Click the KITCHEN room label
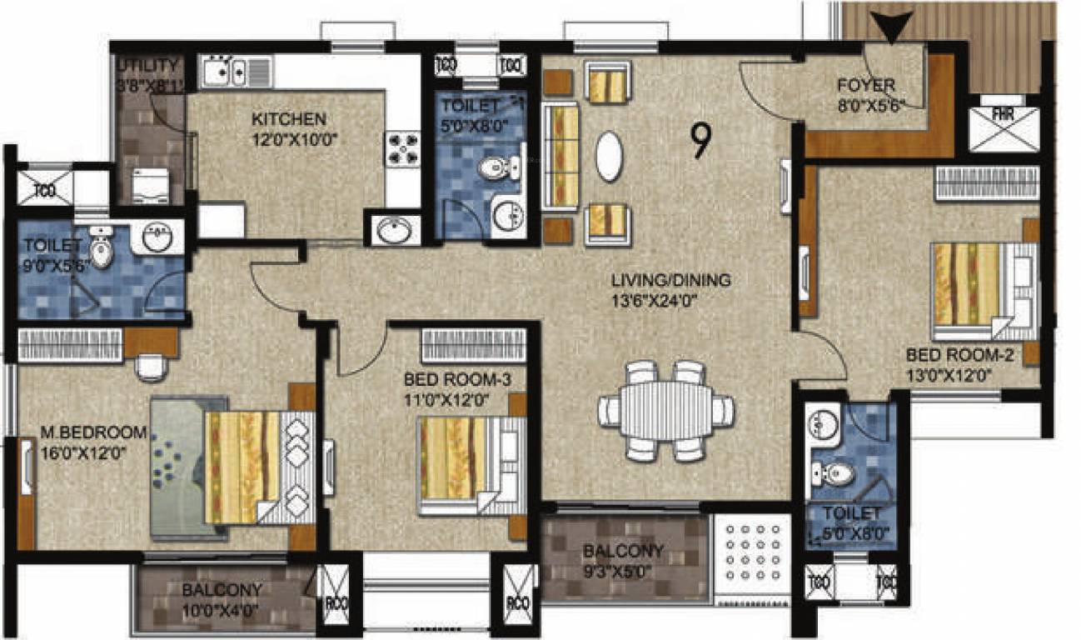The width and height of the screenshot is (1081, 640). [288, 119]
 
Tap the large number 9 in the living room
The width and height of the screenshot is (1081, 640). [700, 141]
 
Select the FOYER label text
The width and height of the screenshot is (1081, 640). [866, 86]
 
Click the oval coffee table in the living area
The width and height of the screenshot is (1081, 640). [608, 156]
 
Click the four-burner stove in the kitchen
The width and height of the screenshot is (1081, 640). [401, 150]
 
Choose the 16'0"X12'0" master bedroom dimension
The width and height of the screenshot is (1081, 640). [82, 455]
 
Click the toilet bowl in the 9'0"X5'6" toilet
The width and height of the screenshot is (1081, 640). [102, 252]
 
